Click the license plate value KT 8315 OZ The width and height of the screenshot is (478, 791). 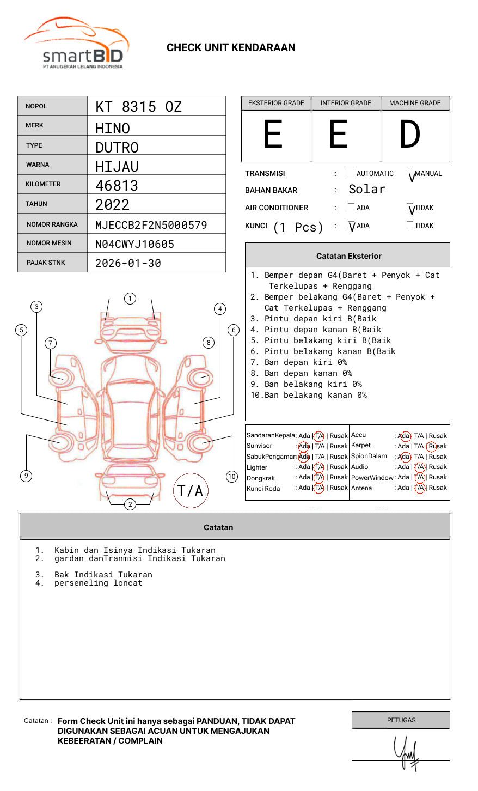[x=138, y=107]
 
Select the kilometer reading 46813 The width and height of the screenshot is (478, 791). [x=117, y=186]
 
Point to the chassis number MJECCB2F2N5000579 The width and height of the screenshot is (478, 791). [x=151, y=225]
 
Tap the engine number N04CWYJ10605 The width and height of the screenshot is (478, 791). [x=134, y=244]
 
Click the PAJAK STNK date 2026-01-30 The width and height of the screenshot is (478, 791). [x=128, y=263]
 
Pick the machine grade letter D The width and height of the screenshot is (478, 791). [x=409, y=135]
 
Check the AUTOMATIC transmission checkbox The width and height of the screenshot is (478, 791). [x=351, y=174]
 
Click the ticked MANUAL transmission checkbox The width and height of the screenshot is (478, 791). [x=410, y=174]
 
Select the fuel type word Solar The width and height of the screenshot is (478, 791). [x=366, y=190]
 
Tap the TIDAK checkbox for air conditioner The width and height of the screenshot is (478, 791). [x=410, y=208]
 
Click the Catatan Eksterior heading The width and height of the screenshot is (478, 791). [x=348, y=256]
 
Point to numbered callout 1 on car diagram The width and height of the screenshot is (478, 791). [x=130, y=299]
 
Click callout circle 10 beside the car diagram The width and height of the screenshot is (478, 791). [x=232, y=477]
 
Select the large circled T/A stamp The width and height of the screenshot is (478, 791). [x=191, y=490]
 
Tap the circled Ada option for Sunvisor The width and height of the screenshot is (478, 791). [x=304, y=446]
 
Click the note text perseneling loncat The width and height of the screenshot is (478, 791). [x=98, y=583]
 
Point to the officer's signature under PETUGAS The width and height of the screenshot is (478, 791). [x=406, y=752]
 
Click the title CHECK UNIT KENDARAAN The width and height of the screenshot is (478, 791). [x=231, y=48]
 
